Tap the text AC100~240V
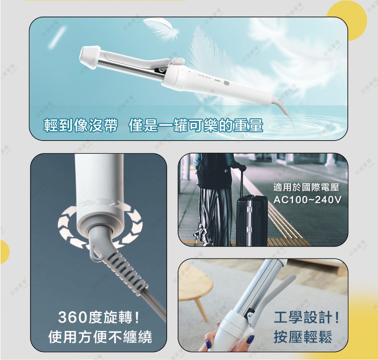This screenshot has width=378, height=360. point(306,199)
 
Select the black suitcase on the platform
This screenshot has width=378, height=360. point(251,219)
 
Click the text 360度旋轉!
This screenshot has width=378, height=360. point(99,318)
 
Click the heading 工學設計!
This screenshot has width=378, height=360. point(306,318)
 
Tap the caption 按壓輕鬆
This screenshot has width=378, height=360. point(303,337)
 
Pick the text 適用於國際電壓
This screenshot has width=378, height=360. point(306,187)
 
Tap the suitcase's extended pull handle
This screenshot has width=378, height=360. point(241,181)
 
